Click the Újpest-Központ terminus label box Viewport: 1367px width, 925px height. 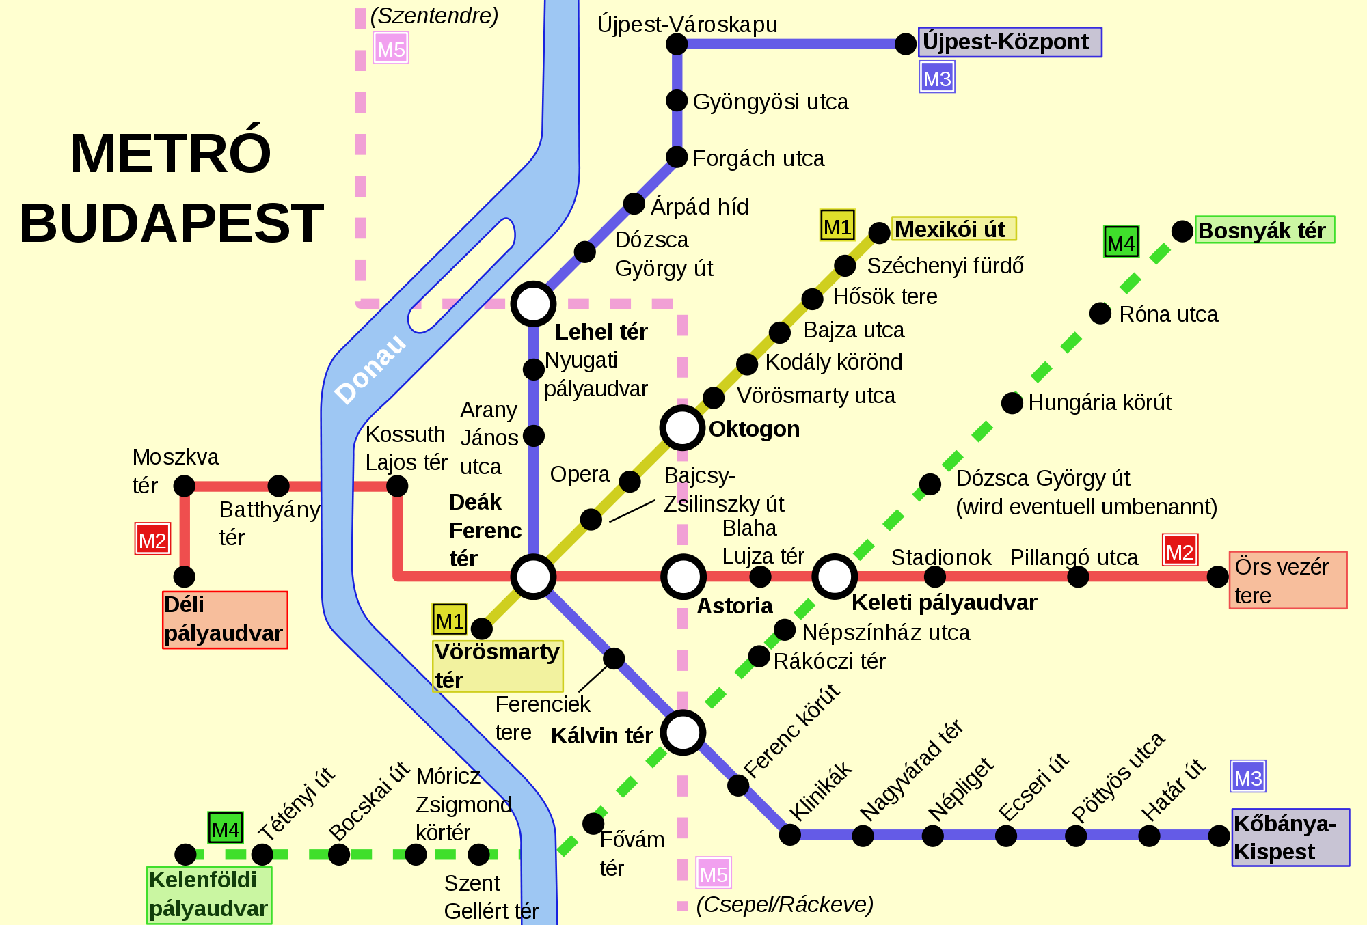[x=1010, y=42]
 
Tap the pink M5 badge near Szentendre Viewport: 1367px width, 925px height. [x=391, y=49]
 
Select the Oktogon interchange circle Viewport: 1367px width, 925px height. [x=682, y=428]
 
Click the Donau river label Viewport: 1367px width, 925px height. [x=370, y=370]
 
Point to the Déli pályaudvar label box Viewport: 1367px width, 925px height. [x=225, y=620]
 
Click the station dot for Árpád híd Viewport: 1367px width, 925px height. [x=634, y=204]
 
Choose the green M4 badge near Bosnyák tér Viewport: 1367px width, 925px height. [x=1121, y=243]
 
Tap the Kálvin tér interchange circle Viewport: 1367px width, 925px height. [x=683, y=732]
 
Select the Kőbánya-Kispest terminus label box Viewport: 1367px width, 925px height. [x=1290, y=838]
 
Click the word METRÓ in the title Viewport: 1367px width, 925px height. [x=171, y=153]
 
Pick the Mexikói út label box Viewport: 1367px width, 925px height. [x=953, y=229]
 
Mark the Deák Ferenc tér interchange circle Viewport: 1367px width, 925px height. [x=533, y=577]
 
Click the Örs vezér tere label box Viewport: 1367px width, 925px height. [x=1288, y=580]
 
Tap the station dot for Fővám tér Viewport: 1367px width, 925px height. [x=593, y=823]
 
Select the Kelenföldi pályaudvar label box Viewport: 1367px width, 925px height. [x=209, y=895]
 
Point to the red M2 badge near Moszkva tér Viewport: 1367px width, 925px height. [x=152, y=540]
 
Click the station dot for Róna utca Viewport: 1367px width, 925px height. [x=1100, y=314]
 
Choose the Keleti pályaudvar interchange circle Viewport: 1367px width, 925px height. [x=834, y=577]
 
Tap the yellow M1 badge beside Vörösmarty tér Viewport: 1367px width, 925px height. [x=450, y=620]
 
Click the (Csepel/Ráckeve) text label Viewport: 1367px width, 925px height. [x=785, y=905]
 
